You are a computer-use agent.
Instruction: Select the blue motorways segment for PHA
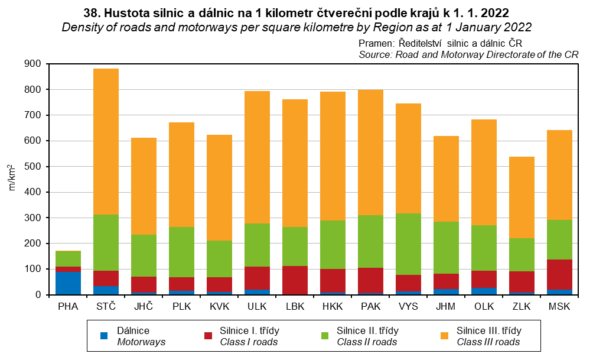tap(68, 283)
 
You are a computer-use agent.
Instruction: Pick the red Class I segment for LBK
tap(295, 280)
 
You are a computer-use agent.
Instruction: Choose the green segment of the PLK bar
tap(181, 252)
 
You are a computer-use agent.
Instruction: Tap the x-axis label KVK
tap(219, 307)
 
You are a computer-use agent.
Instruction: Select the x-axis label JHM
tap(446, 307)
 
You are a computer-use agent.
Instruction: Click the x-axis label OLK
tap(484, 307)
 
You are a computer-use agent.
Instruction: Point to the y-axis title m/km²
tap(11, 177)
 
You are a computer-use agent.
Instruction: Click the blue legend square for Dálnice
tap(104, 336)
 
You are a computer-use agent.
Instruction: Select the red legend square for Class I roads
tap(208, 336)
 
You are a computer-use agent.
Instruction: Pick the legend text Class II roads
tap(367, 342)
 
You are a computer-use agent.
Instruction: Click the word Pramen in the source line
tap(376, 43)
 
